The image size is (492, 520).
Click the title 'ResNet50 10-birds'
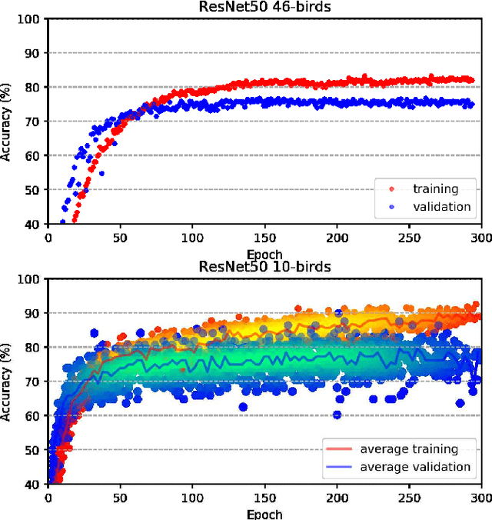tap(264, 267)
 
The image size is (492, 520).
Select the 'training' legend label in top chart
tap(435, 188)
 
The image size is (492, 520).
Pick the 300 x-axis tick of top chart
tap(481, 238)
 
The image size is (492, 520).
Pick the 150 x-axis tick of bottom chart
tap(264, 499)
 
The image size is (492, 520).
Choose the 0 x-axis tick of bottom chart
tap(48, 499)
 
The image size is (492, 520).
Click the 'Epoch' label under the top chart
tap(264, 254)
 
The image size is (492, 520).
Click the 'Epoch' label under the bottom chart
tap(264, 514)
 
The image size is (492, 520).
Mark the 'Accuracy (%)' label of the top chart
tap(7, 121)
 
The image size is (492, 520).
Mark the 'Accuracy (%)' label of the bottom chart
tap(7, 382)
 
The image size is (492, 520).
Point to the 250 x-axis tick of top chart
tap(409, 238)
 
